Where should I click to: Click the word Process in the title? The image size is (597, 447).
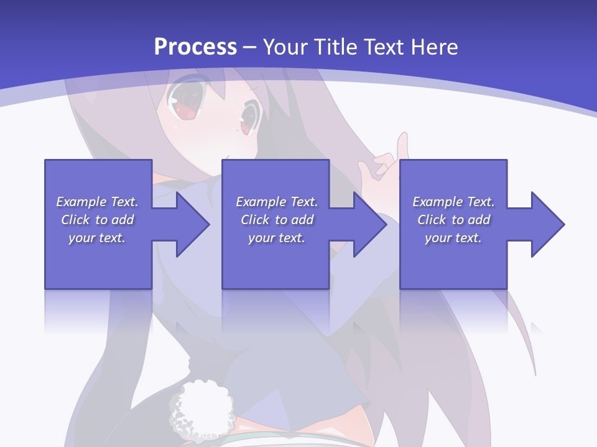(195, 47)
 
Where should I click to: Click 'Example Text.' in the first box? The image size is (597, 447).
(97, 202)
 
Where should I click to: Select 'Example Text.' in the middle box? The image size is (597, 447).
(277, 202)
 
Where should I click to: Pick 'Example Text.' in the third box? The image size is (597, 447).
(453, 202)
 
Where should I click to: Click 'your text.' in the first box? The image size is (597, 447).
(97, 238)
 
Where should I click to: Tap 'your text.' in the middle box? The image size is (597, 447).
(277, 238)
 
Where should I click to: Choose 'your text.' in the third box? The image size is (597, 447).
(453, 238)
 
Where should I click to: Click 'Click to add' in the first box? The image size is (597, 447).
(97, 220)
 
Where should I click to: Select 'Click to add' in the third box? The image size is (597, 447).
(453, 220)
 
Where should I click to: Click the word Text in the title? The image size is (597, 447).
(381, 47)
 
